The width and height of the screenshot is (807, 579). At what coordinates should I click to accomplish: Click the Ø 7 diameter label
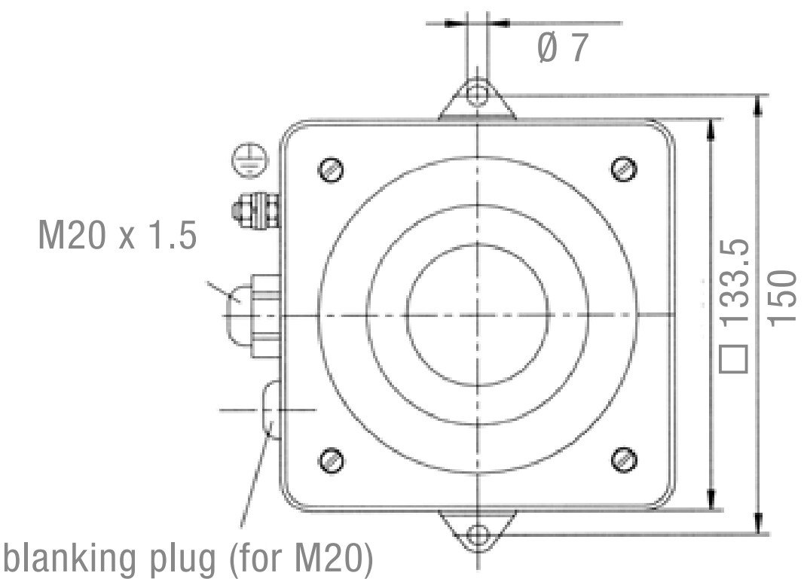coord(563,48)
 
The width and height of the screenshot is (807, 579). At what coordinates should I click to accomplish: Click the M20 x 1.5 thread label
coord(118,236)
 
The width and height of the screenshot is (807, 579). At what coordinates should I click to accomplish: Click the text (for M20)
coord(300,559)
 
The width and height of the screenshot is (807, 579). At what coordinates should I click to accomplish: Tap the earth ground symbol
coord(250,160)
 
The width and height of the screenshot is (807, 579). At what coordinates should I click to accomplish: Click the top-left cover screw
coord(331,169)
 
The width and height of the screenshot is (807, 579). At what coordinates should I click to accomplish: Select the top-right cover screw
coord(624,169)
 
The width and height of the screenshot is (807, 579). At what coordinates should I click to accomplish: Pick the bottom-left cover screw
coord(332,461)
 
